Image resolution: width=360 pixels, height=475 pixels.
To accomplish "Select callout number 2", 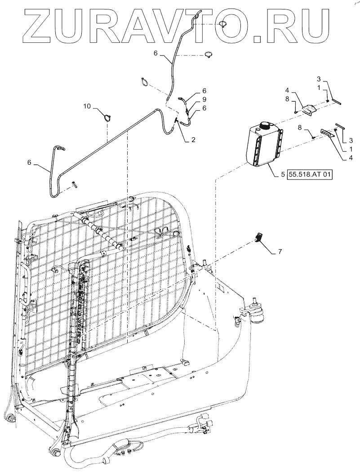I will pos(193,140).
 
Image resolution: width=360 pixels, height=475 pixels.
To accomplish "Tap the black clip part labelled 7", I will pos(259,236).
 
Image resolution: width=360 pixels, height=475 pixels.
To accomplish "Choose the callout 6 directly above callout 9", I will pos(204,90).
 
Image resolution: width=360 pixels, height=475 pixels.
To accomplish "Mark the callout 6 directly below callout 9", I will pos(204,108).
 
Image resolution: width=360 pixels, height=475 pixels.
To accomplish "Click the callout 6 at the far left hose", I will pos(30,163).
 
